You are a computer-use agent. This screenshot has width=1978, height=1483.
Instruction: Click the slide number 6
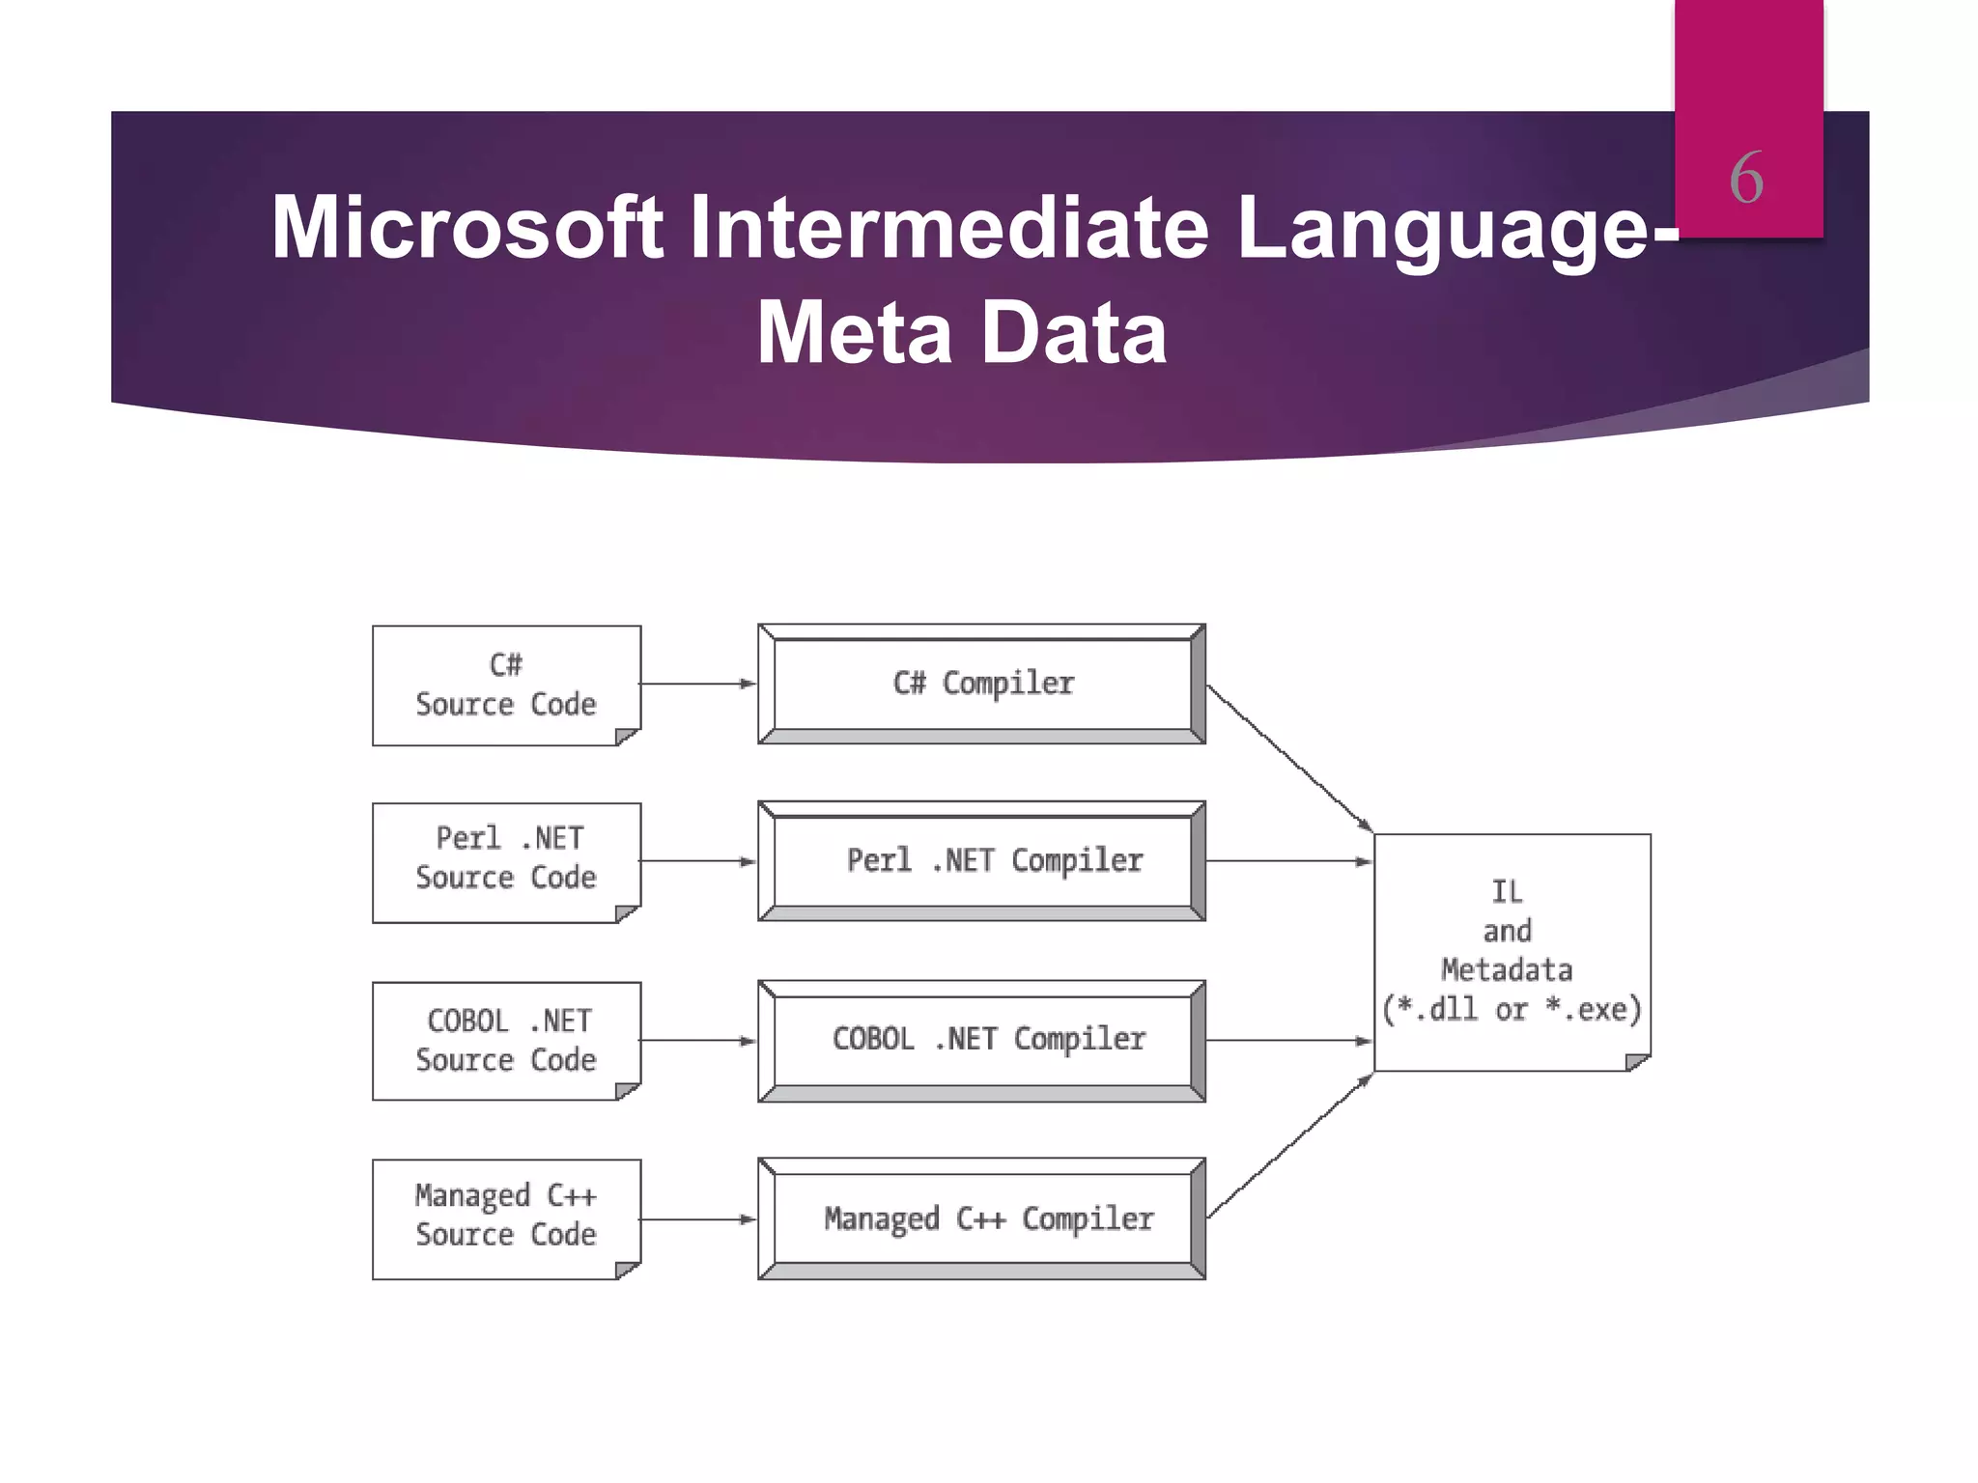pos(1746,179)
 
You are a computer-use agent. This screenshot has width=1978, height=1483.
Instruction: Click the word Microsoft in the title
pos(466,228)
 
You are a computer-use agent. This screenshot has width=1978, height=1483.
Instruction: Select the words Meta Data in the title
pos(961,333)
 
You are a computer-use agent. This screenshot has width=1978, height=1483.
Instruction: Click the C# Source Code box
pos(506,685)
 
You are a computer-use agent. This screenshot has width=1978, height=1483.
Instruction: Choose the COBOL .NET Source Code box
pos(506,1041)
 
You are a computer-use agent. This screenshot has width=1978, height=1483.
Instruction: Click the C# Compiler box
pos(982,684)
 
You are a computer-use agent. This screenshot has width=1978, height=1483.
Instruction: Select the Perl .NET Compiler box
pos(982,860)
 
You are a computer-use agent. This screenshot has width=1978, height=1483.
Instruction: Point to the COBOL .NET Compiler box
pos(982,1040)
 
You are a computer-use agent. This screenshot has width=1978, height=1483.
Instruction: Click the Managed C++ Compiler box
pos(982,1218)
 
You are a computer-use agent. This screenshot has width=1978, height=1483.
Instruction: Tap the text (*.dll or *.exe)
pos(1512,1010)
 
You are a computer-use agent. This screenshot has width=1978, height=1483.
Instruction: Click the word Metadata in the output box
pos(1507,970)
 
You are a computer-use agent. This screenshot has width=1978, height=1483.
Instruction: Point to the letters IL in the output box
pos(1507,891)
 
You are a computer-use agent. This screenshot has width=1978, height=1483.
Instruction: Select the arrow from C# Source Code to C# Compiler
pos(697,684)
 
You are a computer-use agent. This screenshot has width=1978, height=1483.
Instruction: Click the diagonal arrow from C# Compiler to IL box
pos(1289,758)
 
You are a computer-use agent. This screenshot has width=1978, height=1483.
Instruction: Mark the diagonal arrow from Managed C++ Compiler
pos(1289,1147)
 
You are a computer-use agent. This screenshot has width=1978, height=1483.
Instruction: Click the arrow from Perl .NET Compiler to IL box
pos(1289,861)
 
